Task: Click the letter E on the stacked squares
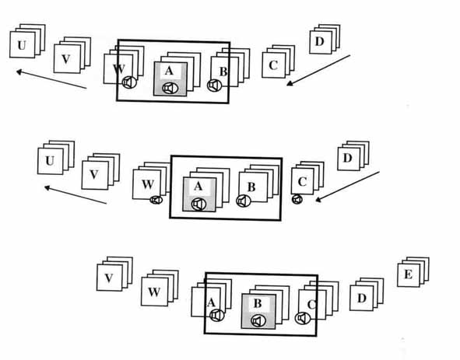point(408,274)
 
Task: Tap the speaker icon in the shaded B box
point(258,320)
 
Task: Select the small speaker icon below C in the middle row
point(297,199)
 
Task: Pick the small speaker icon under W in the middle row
point(156,200)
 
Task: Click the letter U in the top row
point(22,45)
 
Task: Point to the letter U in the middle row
point(50,161)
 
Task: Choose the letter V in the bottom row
point(109,278)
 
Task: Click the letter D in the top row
point(319,41)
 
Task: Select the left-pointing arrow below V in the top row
point(51,79)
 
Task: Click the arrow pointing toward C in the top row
point(318,70)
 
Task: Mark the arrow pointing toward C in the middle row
point(347,187)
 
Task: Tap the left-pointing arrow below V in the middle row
point(75,194)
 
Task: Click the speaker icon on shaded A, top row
point(170,88)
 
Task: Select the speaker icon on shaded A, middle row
point(198,204)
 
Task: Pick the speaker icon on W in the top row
point(129,82)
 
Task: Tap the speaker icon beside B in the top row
point(215,85)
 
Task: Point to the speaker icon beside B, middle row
point(244,201)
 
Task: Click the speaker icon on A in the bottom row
point(217,315)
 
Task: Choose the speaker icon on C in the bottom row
point(303,318)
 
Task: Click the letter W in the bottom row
point(154,292)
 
